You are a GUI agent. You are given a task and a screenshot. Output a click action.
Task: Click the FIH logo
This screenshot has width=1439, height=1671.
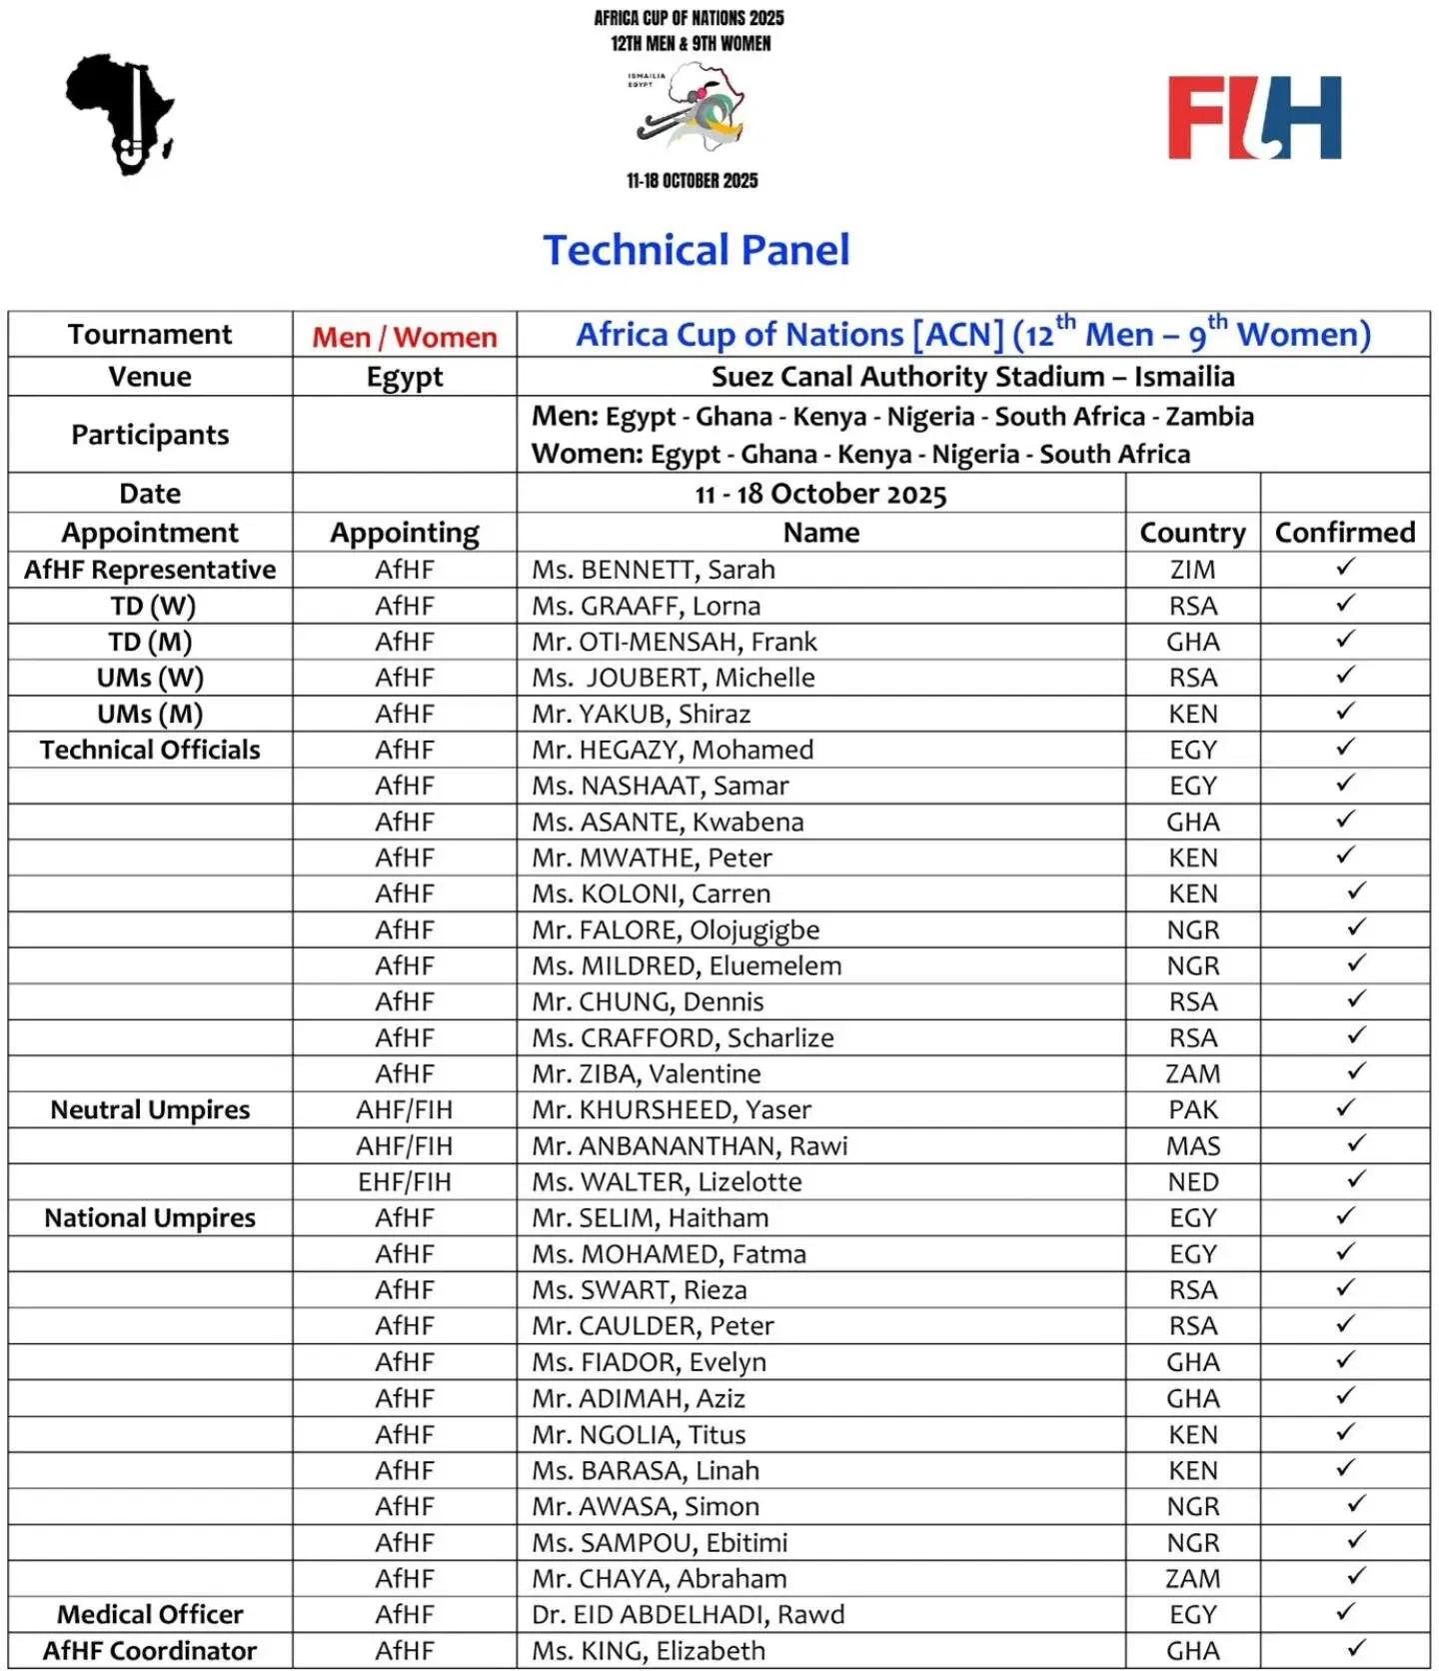(x=1254, y=118)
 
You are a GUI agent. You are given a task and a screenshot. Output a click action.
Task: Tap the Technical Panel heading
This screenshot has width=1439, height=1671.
(x=697, y=250)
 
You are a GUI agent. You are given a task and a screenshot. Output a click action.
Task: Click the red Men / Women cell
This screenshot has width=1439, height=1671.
(x=404, y=337)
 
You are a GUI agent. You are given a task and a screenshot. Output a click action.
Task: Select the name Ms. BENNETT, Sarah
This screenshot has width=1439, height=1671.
(x=653, y=570)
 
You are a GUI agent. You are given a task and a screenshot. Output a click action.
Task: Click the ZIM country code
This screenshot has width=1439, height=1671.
(x=1192, y=570)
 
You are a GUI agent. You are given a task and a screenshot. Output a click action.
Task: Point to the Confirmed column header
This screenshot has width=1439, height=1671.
(x=1344, y=533)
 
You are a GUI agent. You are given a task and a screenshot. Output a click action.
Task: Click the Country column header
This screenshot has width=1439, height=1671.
(x=1192, y=533)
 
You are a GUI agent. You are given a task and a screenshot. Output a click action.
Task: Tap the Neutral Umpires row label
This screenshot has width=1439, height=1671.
(x=150, y=1109)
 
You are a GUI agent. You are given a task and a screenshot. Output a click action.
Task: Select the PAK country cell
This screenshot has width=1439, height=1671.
(x=1192, y=1109)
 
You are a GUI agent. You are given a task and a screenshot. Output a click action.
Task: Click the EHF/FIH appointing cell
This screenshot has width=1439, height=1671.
(x=404, y=1182)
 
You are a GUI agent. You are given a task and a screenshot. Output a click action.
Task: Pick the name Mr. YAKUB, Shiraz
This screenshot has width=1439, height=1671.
(x=641, y=714)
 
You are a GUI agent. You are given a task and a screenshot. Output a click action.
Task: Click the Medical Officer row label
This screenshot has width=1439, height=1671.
(x=150, y=1614)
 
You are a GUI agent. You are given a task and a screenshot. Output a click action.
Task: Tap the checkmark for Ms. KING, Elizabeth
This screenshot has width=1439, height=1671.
(x=1356, y=1648)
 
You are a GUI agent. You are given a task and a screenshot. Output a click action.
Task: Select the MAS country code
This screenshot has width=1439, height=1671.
(x=1192, y=1146)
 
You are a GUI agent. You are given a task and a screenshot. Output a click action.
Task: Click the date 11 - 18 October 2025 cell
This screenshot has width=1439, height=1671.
(x=820, y=494)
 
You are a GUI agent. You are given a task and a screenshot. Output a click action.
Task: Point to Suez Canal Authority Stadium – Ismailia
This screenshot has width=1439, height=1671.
(x=972, y=377)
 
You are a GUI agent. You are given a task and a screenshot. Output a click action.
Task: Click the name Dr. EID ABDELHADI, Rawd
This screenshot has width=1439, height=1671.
(x=688, y=1614)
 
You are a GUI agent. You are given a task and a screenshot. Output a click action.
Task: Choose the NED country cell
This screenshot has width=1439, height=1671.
(x=1192, y=1182)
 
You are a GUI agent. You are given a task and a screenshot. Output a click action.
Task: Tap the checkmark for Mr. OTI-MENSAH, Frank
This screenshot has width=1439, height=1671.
(x=1345, y=639)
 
